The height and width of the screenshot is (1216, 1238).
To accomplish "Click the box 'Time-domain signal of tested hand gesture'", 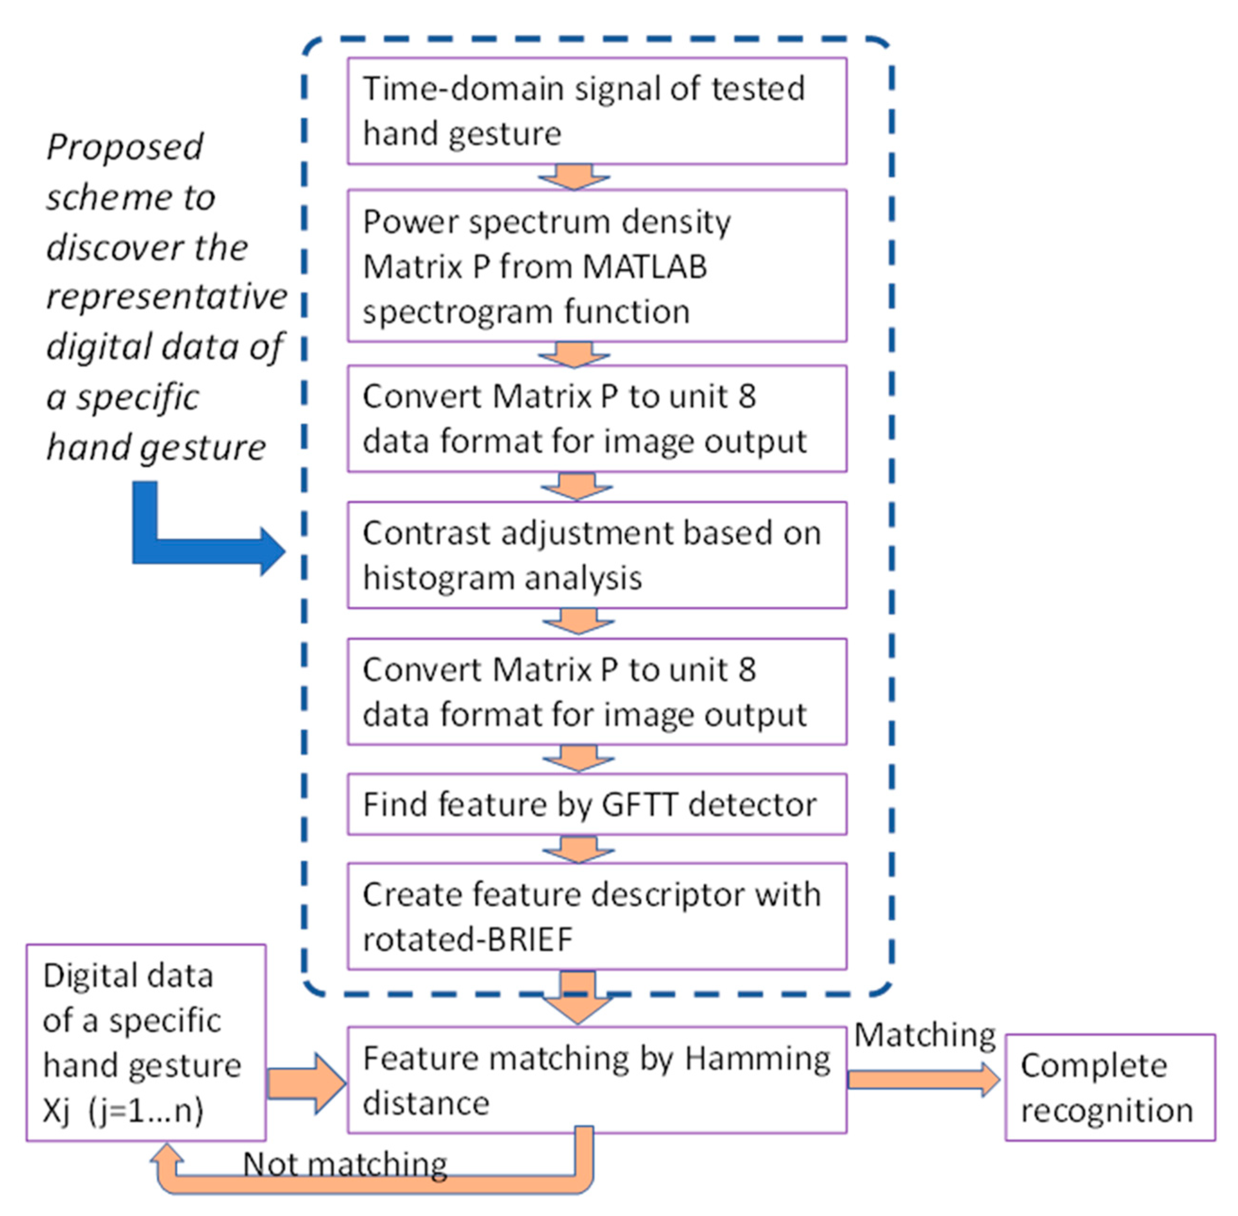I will click(596, 111).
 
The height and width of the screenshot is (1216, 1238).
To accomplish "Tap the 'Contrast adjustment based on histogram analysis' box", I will click(596, 554).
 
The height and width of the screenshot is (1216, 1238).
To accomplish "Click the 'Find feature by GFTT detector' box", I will click(596, 804).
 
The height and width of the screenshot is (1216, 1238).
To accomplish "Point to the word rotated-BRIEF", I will click(467, 940).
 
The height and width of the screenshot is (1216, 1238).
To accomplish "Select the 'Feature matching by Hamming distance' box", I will click(596, 1080).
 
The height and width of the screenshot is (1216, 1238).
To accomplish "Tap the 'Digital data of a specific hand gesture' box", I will click(146, 1043).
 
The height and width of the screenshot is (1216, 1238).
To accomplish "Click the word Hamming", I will click(757, 1059).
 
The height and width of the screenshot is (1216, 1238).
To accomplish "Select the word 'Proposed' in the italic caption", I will click(125, 148).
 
